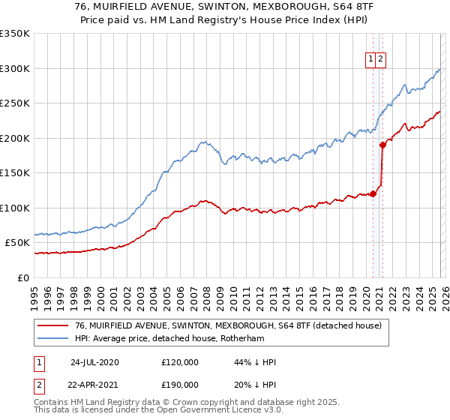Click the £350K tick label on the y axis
click(15, 34)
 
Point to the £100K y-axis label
click(15, 208)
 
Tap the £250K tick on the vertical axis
click(15, 103)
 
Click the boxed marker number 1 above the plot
click(370, 60)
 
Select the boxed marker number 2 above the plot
click(381, 60)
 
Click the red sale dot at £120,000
click(373, 194)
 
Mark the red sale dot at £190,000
click(382, 145)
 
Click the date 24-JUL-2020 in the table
click(94, 362)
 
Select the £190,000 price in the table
click(180, 385)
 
